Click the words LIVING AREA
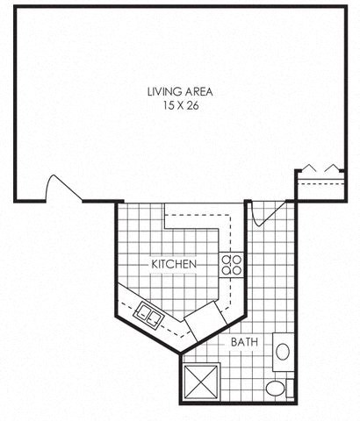180,90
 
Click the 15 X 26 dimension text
180,104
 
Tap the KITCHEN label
173,264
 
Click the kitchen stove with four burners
232,265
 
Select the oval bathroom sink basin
284,352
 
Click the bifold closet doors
319,168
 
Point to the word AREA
198,90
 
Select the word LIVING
164,90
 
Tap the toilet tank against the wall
290,389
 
